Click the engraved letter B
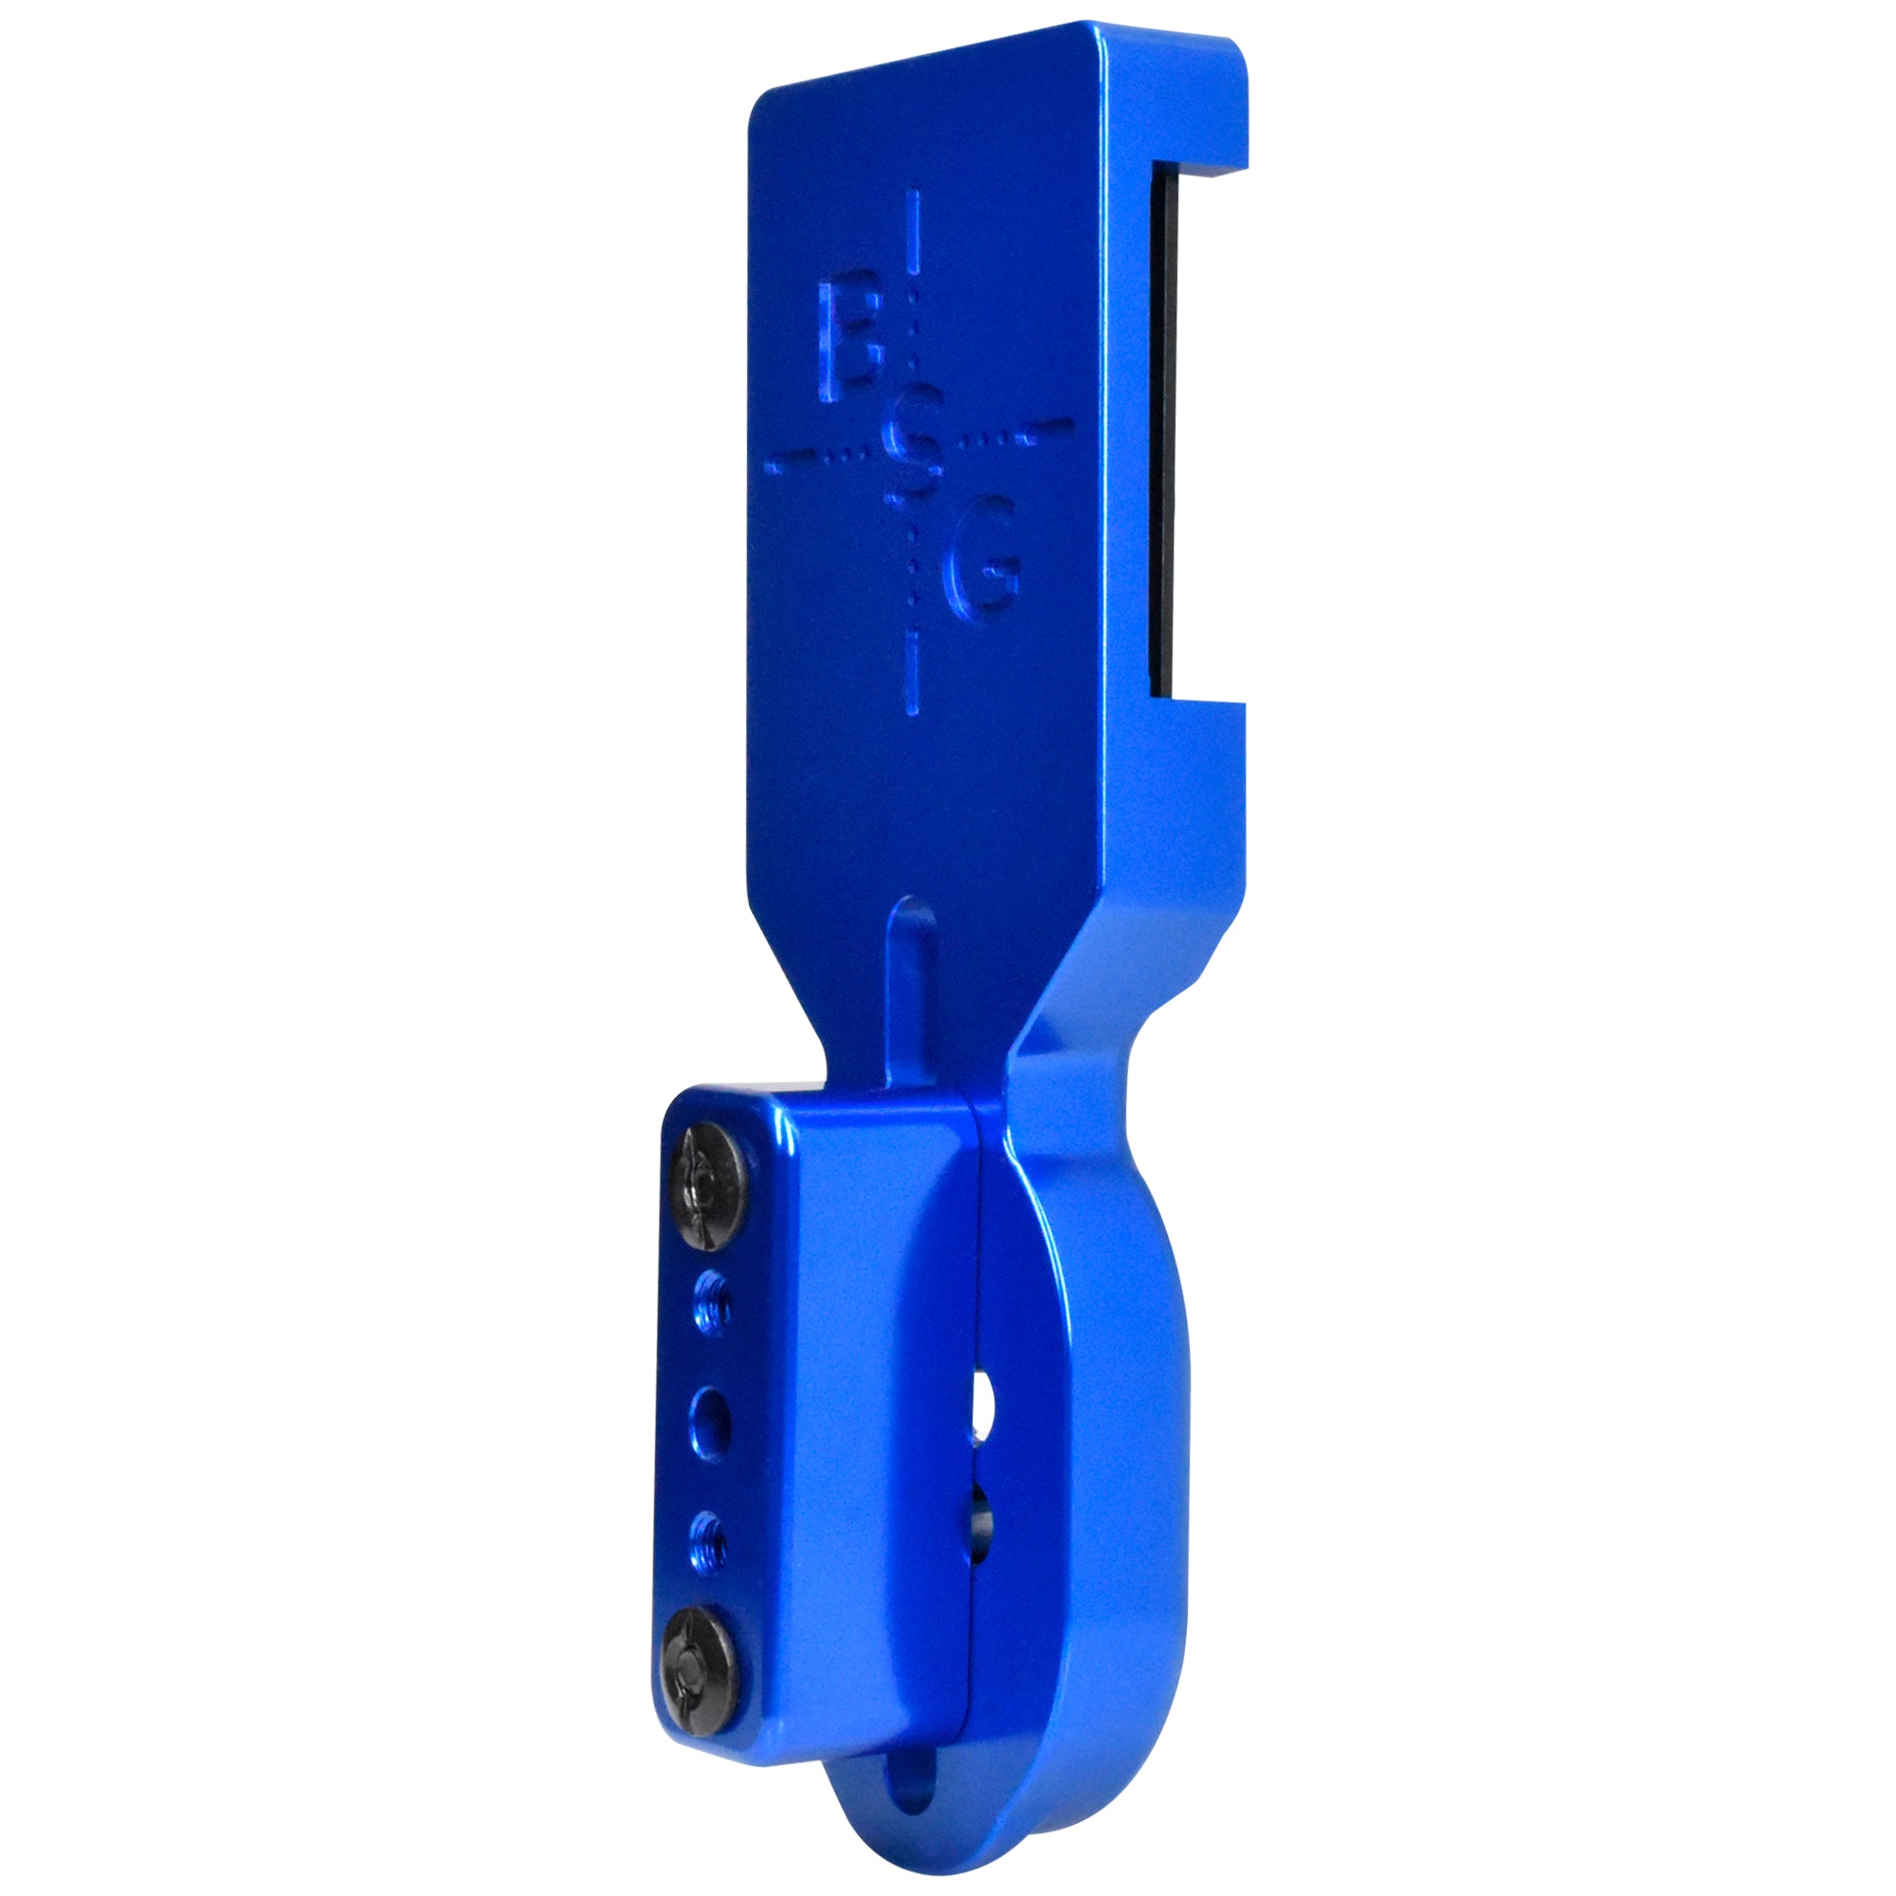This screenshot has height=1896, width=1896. point(848,339)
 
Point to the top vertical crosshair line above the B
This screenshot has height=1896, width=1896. point(916,231)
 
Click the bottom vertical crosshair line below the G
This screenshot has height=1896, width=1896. point(915,674)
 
